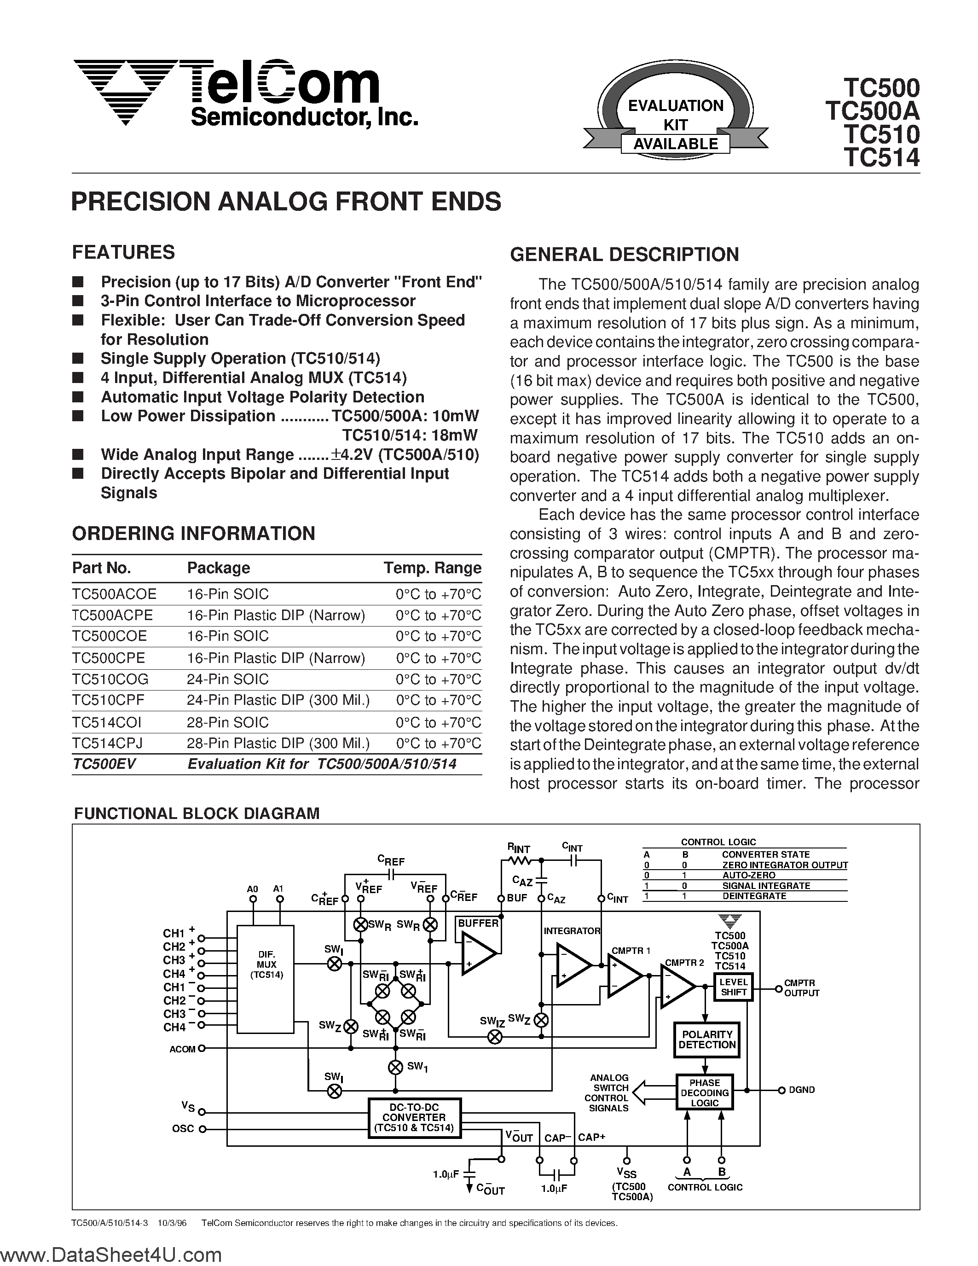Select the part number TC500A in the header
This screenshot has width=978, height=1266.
873,110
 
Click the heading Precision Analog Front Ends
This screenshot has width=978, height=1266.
286,201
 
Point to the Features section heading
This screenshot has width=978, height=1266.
123,252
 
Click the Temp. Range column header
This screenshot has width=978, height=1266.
432,568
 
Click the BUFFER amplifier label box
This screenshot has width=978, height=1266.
478,923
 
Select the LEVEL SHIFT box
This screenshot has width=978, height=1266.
734,987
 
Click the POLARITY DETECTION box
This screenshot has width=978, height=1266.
707,1040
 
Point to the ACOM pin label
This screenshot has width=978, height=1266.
182,1049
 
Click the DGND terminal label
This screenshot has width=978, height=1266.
801,1090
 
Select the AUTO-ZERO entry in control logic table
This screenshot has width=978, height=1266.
748,875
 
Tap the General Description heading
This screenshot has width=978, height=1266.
624,255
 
